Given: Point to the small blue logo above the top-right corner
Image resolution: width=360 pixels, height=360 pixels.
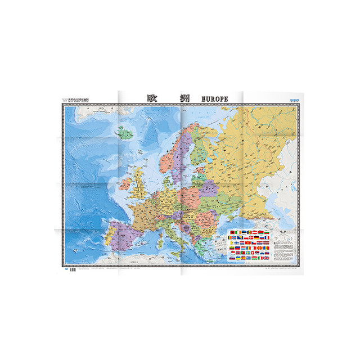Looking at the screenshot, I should click(287, 101).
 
